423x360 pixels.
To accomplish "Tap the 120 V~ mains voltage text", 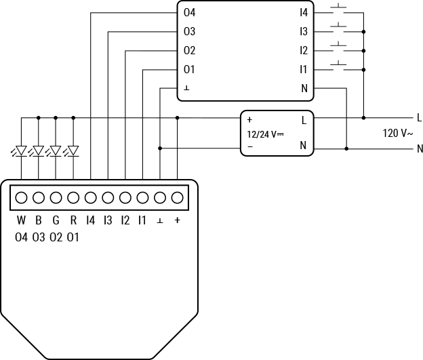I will click(x=398, y=134).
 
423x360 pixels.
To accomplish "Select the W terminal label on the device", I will click(x=21, y=220).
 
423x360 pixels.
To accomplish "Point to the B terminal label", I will click(x=39, y=220).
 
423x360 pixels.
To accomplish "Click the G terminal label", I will click(x=56, y=220).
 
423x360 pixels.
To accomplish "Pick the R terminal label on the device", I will click(x=73, y=220).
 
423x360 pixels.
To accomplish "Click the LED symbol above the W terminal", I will click(x=21, y=151).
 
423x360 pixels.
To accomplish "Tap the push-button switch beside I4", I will click(x=339, y=12).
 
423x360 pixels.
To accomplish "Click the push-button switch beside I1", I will click(x=339, y=67).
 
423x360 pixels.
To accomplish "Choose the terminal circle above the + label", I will click(x=178, y=198).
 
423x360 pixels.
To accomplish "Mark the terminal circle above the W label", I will click(x=21, y=198).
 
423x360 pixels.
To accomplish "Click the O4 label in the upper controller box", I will click(x=190, y=13).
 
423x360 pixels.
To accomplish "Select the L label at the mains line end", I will click(x=420, y=118).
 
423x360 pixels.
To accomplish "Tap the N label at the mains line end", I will click(x=420, y=148).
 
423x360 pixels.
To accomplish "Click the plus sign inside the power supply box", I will click(x=250, y=120).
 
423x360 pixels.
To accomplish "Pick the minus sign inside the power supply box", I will click(x=250, y=146).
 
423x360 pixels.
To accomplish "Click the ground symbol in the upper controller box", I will click(x=186, y=89).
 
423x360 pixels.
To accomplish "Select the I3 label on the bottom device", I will click(x=108, y=220).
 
